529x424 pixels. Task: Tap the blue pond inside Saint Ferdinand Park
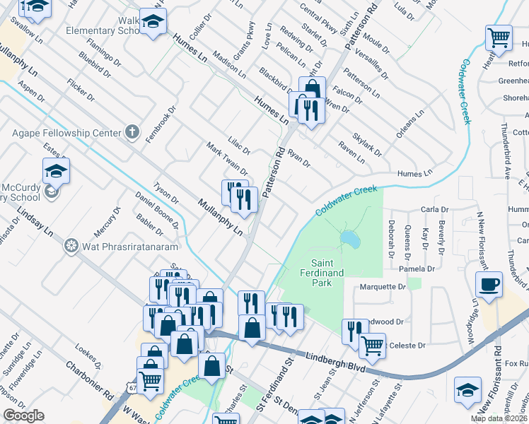[x=348, y=240]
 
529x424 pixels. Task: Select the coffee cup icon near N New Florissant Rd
[x=489, y=285]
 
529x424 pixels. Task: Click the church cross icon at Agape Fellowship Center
[x=131, y=131]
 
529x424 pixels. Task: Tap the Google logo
[x=23, y=416]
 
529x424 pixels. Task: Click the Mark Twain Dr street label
[x=227, y=159]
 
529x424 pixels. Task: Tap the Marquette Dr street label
[x=383, y=287]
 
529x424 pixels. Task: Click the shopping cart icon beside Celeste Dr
[x=372, y=345]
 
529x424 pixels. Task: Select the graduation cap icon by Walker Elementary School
[x=152, y=23]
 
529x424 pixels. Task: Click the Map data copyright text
[x=499, y=418]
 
